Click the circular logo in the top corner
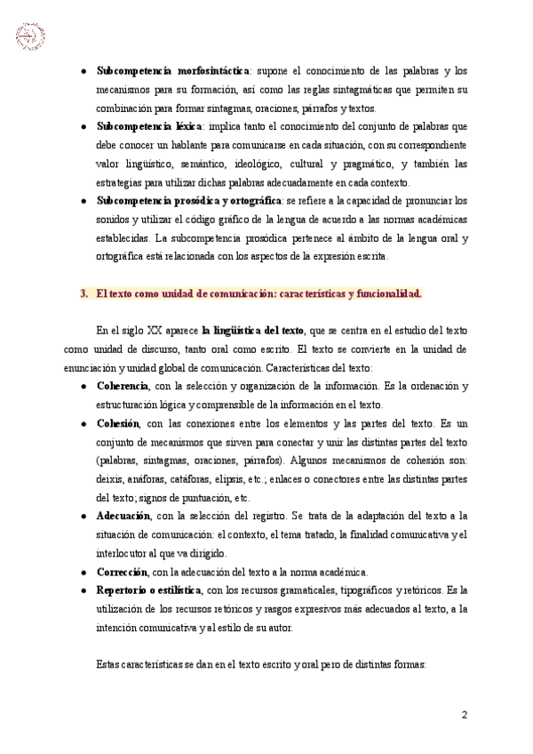coord(30,36)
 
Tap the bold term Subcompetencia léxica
coord(150,126)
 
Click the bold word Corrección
coord(122,572)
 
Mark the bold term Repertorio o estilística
coord(148,590)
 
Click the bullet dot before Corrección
coord(84,572)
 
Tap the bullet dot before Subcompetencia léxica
coord(84,126)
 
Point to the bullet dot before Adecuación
coord(84,516)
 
